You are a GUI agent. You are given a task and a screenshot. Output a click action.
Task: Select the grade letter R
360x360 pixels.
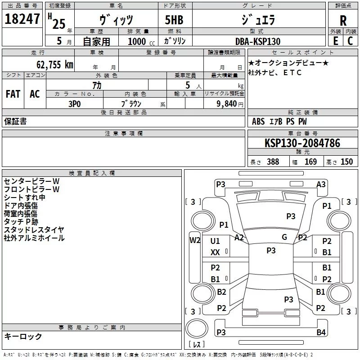point(343,21)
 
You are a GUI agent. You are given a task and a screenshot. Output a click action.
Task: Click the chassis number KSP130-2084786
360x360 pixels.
point(302,144)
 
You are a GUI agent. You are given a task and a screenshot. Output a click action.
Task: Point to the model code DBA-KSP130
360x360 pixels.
point(257,41)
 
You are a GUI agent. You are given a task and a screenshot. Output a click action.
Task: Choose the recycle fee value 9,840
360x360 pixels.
point(224,103)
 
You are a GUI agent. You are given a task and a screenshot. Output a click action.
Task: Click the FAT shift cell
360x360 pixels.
point(13,94)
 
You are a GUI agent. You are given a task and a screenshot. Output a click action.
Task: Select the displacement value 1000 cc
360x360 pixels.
point(137,41)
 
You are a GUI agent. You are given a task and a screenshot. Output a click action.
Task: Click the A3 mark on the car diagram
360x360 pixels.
point(321,184)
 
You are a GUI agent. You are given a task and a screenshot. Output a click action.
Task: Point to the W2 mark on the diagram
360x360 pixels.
point(195,240)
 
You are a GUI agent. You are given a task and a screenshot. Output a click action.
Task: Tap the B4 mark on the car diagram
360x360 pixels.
point(321,333)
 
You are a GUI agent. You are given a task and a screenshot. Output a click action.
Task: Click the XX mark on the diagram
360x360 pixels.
point(215,252)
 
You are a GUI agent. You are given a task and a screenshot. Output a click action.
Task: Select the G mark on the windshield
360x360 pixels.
point(284,237)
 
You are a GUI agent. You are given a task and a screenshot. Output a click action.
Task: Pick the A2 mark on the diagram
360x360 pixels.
point(239,238)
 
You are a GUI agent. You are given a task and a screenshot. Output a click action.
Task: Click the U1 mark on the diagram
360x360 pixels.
point(215,241)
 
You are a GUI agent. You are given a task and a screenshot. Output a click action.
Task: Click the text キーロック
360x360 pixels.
point(23,336)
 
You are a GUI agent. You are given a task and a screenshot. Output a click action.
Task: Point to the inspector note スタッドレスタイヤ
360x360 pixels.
point(34,230)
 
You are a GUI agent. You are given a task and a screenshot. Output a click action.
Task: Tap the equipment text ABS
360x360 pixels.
point(258,121)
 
